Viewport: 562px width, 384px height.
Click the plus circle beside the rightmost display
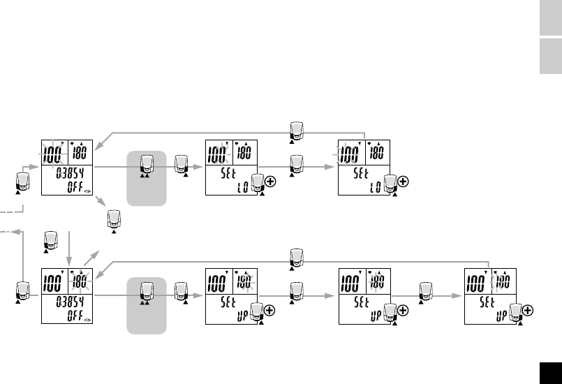(x=529, y=309)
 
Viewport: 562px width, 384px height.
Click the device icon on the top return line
(x=297, y=131)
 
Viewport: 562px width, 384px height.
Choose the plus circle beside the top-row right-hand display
(x=403, y=181)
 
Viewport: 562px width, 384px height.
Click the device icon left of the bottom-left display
(x=22, y=291)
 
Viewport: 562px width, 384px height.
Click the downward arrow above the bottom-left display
(x=70, y=244)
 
